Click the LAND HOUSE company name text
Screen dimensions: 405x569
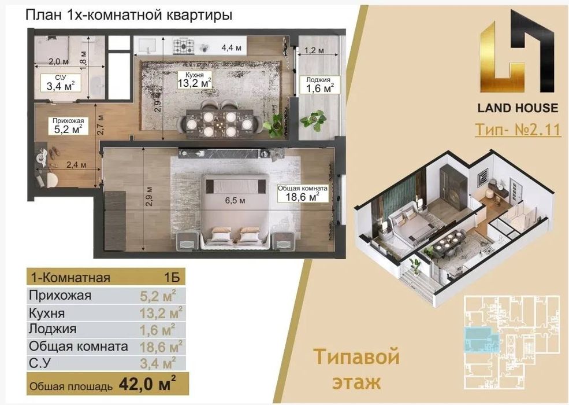(x=517, y=108)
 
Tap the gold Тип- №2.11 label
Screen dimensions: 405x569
(x=517, y=130)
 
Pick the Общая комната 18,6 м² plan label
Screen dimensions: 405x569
(x=303, y=193)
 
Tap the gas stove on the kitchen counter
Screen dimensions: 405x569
(x=185, y=44)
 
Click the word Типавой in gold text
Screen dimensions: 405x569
(x=356, y=358)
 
